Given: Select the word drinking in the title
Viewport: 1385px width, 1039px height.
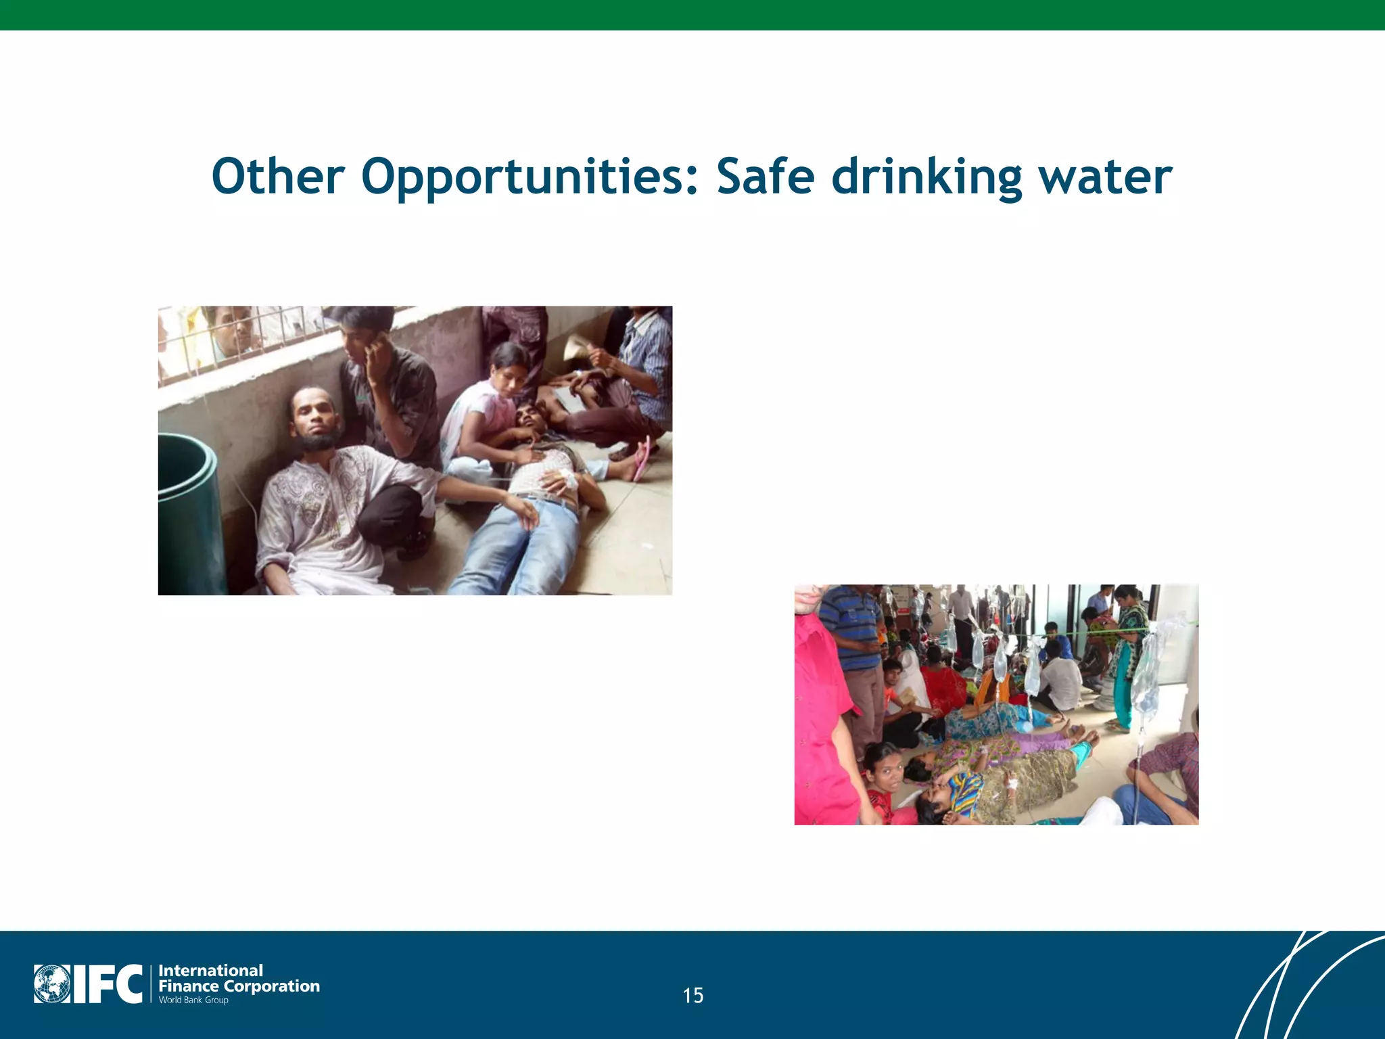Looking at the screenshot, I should (926, 177).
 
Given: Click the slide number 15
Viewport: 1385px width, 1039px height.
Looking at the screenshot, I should (692, 995).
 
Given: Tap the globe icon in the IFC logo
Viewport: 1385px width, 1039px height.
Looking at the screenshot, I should (51, 984).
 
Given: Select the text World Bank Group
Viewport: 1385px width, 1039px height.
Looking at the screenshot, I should (193, 1000).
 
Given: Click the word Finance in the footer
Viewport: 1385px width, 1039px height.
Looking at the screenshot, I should (188, 986).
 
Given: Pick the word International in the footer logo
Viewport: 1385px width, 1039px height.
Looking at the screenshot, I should (210, 970).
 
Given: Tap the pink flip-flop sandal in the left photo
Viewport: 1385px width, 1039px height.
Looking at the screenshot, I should (641, 458).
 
